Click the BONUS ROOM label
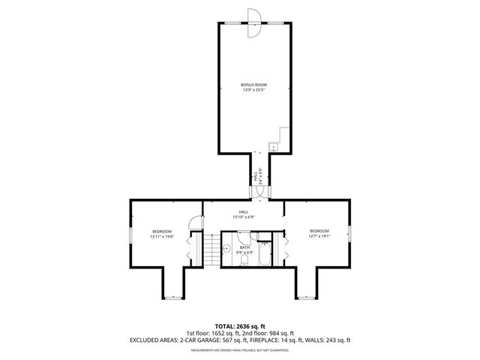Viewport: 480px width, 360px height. (x=253, y=85)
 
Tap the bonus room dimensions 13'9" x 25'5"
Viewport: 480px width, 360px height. (x=253, y=90)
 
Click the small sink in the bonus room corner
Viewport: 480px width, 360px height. (x=273, y=148)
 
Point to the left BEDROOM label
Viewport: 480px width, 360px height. (x=162, y=230)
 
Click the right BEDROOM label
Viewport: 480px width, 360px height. (x=319, y=230)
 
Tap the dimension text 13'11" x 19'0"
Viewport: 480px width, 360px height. (x=162, y=236)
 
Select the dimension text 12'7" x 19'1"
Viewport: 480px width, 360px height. (x=319, y=236)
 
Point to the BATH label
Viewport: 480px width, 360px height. (x=245, y=247)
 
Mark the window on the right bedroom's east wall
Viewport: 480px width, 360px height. (x=349, y=233)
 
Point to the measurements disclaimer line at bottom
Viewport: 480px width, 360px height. (x=239, y=350)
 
